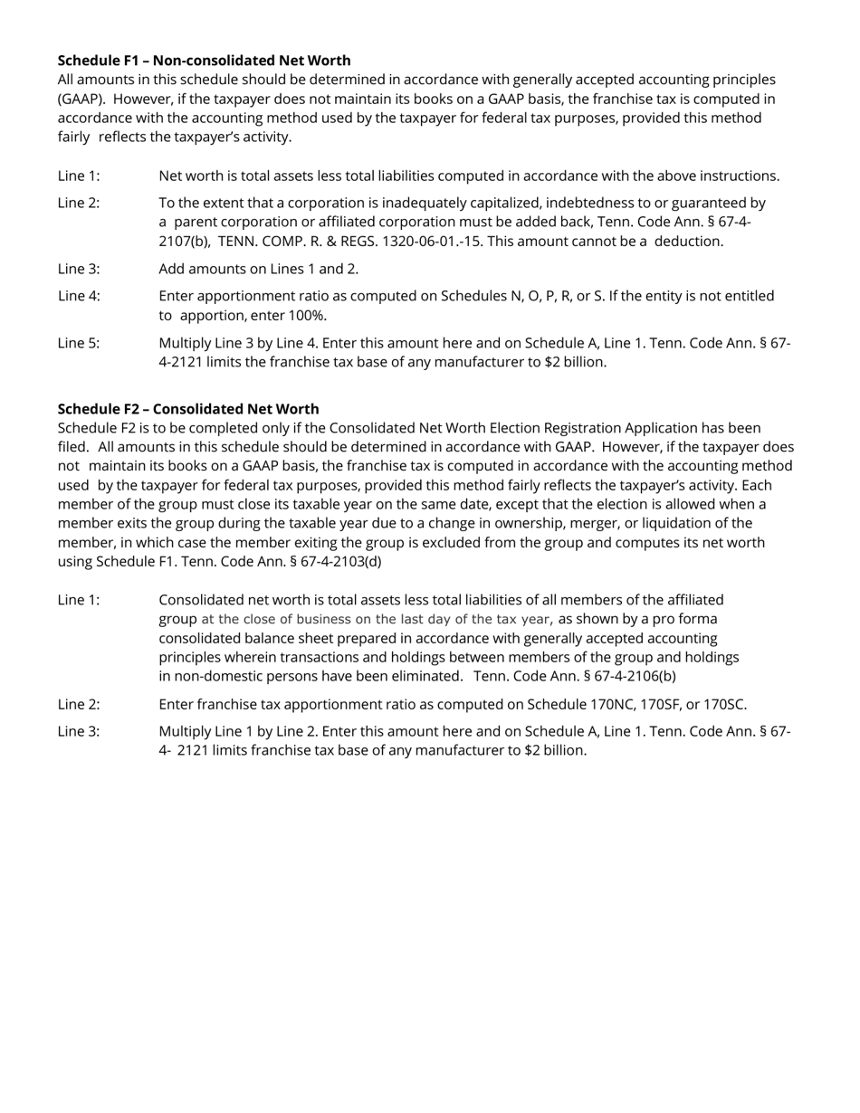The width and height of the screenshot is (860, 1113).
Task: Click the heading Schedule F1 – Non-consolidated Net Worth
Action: [x=204, y=61]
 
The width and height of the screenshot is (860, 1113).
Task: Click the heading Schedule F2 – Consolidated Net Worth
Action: [x=188, y=409]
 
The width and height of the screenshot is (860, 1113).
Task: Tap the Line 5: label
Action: [x=79, y=343]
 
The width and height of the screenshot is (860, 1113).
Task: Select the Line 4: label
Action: [x=79, y=296]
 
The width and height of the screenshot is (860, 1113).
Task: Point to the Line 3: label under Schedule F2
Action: [x=79, y=731]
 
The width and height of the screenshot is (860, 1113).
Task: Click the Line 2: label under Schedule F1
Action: [x=79, y=203]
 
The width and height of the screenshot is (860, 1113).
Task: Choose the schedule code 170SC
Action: [x=721, y=705]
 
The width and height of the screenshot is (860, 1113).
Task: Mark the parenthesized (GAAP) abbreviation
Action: [x=81, y=99]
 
